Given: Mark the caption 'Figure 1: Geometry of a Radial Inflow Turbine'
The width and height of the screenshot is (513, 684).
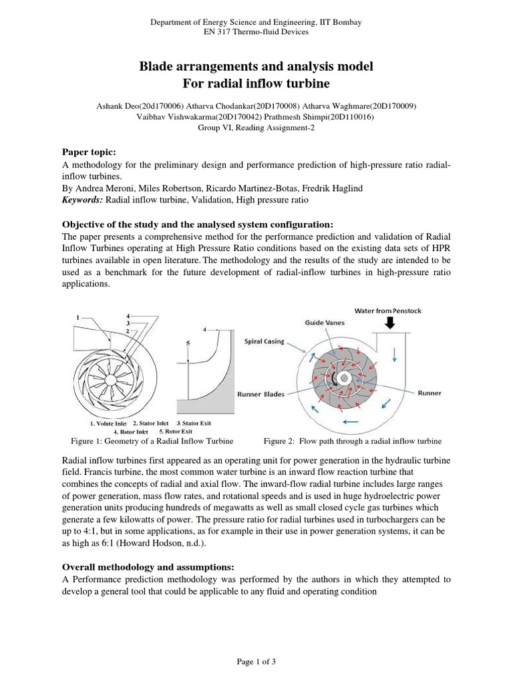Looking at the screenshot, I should [x=152, y=442].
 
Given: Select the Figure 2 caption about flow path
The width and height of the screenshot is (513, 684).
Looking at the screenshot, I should [x=353, y=442].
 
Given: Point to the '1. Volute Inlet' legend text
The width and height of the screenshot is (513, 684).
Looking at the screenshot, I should [x=108, y=423].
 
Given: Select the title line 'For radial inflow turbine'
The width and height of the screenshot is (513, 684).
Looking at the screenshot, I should [x=256, y=83].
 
